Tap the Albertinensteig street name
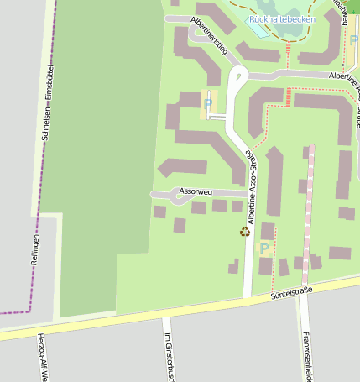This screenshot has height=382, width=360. [210, 34]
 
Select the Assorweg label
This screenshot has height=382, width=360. [196, 192]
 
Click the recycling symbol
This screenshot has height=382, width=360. [245, 232]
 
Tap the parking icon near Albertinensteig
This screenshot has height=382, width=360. [208, 103]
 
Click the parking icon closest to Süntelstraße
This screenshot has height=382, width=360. [264, 249]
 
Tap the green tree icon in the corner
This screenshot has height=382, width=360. [353, 7]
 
